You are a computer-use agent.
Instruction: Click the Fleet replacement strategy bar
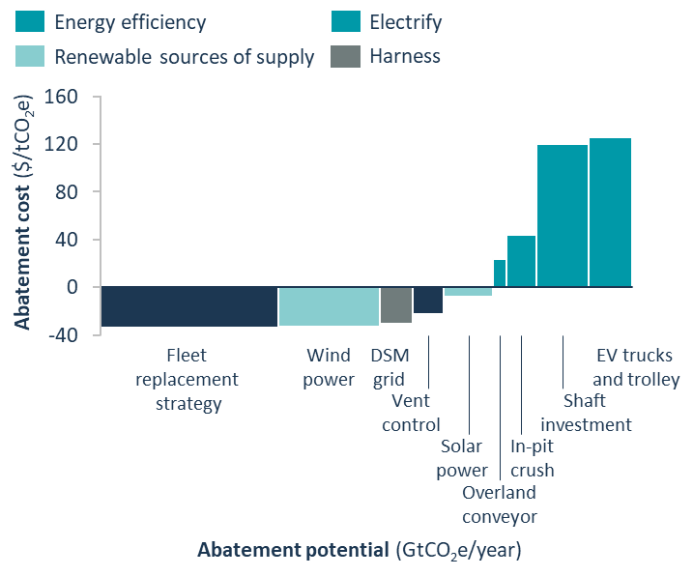click(x=189, y=307)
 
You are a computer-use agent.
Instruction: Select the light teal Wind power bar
click(x=329, y=307)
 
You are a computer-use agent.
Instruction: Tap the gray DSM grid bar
click(x=396, y=305)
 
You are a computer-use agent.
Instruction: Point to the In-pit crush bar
click(x=521, y=261)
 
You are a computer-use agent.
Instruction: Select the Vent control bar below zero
click(x=428, y=301)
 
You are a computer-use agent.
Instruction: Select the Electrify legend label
click(x=405, y=20)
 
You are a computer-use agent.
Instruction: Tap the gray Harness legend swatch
click(x=344, y=57)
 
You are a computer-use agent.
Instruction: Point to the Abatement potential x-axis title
click(x=360, y=551)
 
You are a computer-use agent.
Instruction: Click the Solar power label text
click(x=462, y=458)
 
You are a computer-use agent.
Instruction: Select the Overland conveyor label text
click(x=499, y=504)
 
